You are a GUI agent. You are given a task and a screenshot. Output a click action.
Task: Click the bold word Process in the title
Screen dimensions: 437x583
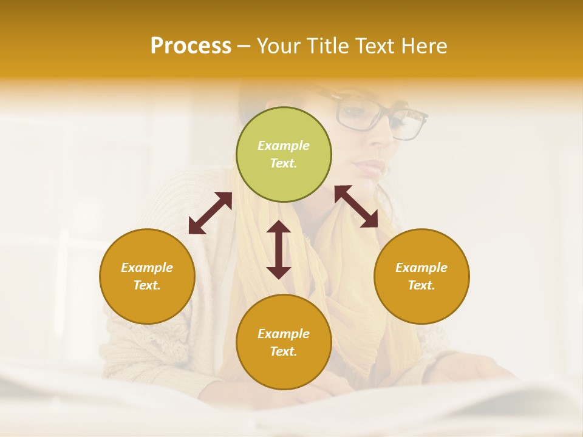[x=191, y=46]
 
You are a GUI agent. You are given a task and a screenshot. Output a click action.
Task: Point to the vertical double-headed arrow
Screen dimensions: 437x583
[x=279, y=249]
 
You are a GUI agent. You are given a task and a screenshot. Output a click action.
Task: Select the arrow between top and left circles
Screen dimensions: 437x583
[x=210, y=213]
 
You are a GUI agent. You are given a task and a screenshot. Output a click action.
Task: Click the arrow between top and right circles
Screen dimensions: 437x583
[x=356, y=206]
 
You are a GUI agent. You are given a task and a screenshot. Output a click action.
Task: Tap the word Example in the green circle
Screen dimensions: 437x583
[x=284, y=146]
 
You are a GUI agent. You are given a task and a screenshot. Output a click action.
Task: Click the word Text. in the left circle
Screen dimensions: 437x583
[x=147, y=285]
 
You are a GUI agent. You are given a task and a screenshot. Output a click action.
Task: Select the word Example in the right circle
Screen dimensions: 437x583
[x=421, y=268]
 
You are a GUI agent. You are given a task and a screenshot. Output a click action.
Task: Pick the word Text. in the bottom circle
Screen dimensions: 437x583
[x=284, y=351]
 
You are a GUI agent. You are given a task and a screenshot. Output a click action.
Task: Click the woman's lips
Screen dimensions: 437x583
[x=372, y=166]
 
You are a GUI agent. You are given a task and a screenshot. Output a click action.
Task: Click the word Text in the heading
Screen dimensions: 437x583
[x=372, y=46]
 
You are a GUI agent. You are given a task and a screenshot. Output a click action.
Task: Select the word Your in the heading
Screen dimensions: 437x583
[x=276, y=46]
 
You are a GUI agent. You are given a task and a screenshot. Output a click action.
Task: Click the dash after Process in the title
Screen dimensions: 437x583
[x=244, y=46]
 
